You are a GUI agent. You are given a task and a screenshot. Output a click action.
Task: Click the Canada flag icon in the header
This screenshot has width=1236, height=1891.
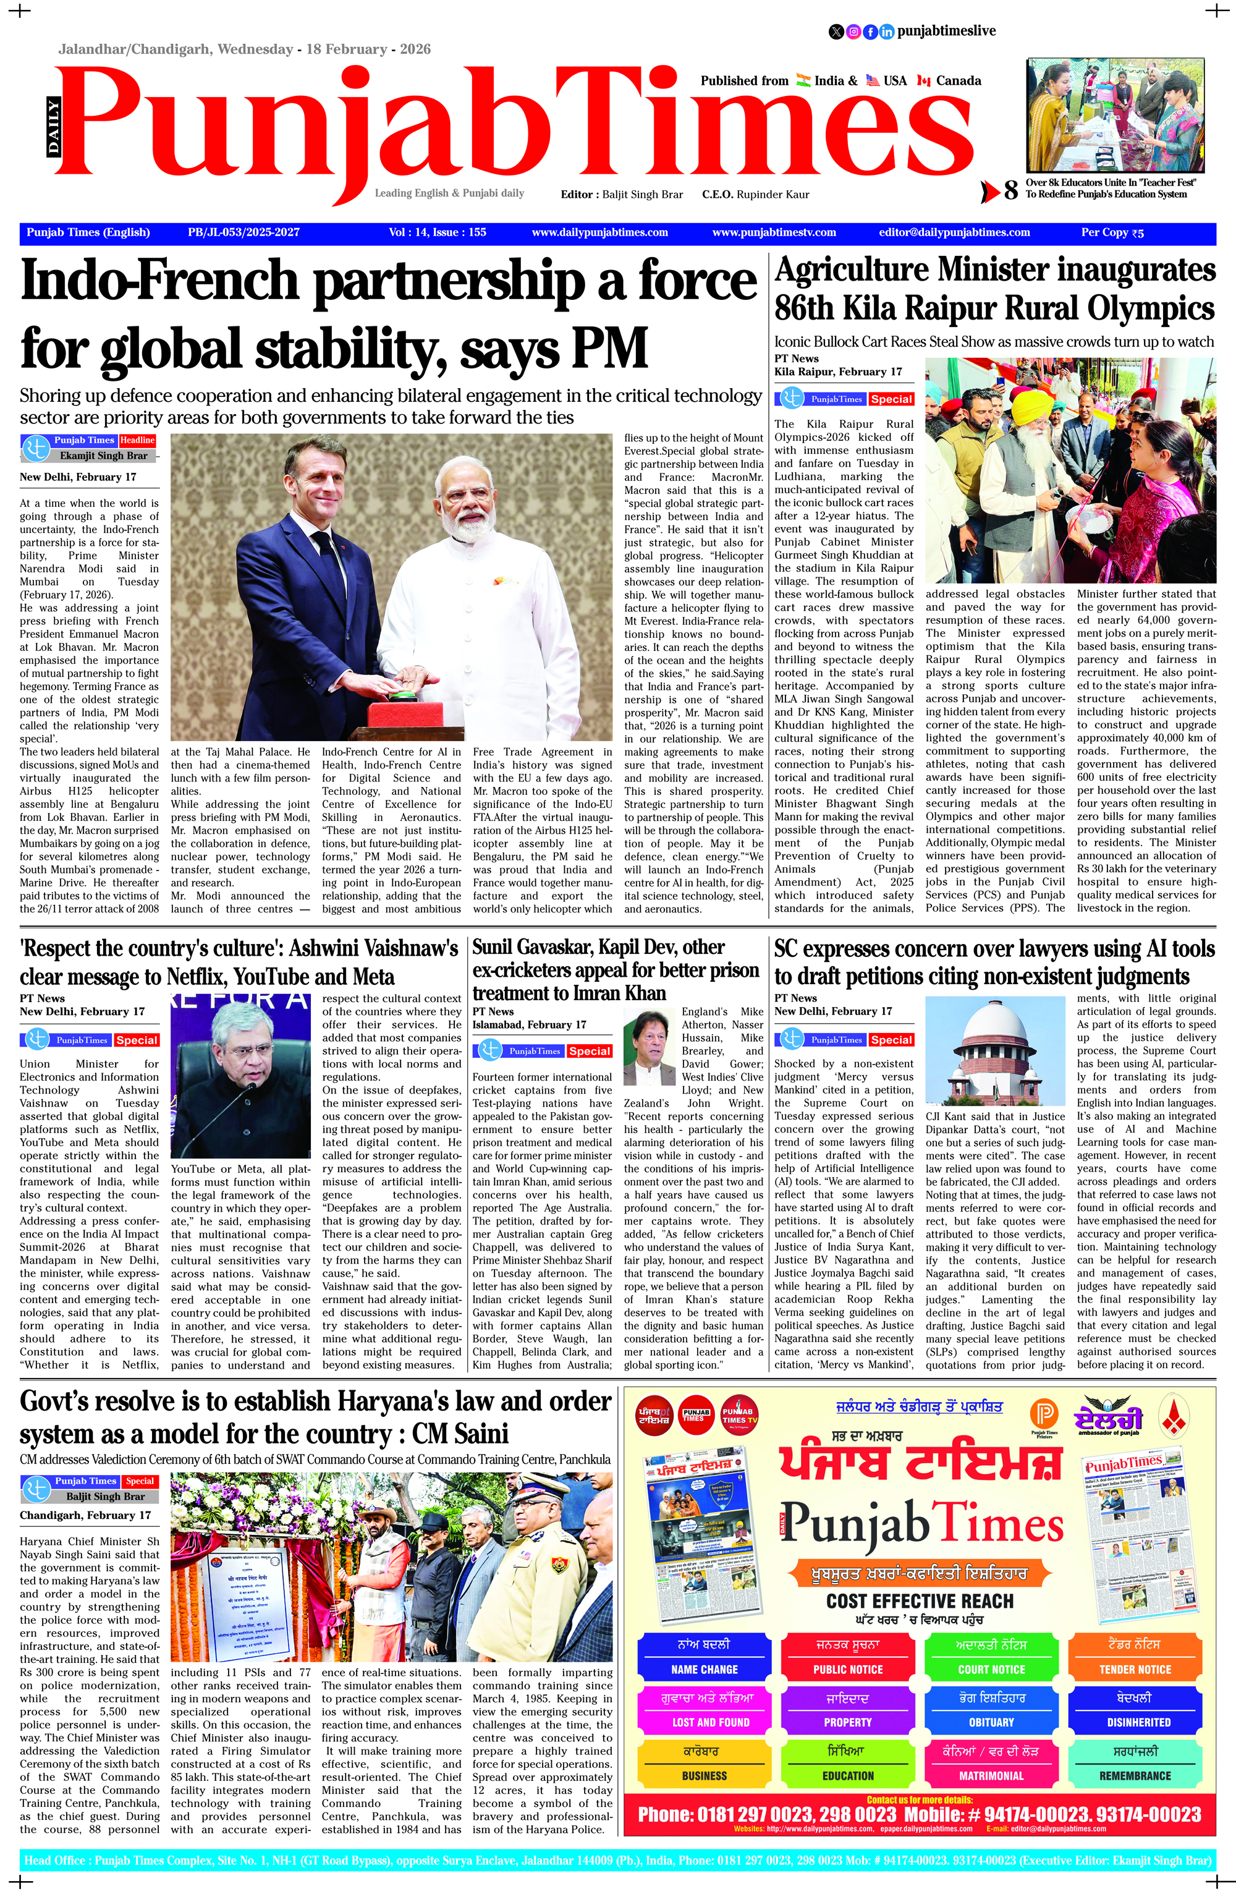[x=924, y=80]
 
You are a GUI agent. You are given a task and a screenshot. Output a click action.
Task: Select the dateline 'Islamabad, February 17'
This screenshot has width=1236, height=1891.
[x=529, y=1024]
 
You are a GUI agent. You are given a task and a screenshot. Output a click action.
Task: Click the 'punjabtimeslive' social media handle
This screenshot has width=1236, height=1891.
[x=946, y=31]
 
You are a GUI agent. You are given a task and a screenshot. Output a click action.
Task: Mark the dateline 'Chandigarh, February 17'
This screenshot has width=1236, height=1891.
[x=85, y=1515]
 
